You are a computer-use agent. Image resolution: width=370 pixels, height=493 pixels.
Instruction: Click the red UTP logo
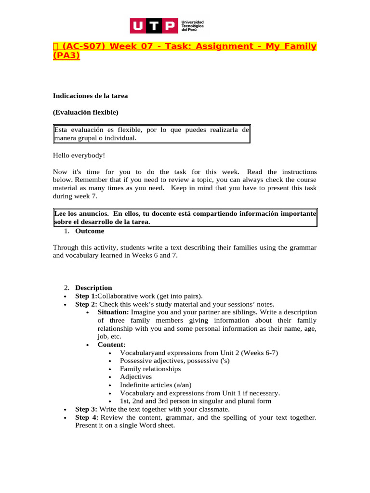[154, 26]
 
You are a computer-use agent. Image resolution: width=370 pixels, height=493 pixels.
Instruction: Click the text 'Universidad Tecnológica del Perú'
[192, 26]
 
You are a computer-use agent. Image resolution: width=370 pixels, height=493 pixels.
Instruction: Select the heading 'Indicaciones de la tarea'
[90, 96]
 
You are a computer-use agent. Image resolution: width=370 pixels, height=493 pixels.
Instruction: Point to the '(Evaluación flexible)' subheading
[85, 113]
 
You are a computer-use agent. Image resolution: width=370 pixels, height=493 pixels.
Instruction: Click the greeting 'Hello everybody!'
[79, 156]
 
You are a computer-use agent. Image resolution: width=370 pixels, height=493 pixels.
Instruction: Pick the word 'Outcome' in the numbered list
[90, 231]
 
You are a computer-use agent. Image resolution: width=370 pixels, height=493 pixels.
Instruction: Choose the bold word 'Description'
[93, 288]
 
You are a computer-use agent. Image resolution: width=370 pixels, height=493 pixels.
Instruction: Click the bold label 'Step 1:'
[86, 296]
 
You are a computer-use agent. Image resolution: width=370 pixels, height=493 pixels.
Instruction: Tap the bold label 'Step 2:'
[86, 304]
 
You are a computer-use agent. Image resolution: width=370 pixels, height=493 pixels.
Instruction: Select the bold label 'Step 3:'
[86, 409]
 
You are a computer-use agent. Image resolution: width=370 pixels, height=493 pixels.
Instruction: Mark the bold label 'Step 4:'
[86, 417]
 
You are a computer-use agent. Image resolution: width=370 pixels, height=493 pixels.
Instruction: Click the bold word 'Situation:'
[113, 312]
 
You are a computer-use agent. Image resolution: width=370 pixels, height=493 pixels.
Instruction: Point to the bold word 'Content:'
[111, 345]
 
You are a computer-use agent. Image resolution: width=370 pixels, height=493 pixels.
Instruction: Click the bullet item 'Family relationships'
[150, 369]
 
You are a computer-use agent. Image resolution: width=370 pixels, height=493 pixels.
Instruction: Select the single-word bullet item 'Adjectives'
[136, 377]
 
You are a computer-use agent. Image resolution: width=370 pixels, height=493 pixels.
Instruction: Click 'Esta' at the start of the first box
[61, 130]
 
